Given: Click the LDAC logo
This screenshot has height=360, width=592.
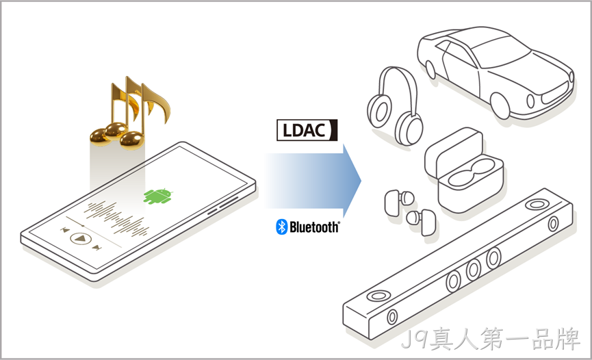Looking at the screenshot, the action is click(307, 130).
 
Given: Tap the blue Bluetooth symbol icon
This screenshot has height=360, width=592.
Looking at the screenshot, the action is click(282, 227).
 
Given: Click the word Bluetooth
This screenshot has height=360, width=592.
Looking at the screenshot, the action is click(315, 227).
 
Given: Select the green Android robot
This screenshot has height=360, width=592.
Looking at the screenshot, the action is click(158, 196).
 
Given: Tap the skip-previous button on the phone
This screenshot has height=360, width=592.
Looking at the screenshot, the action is click(65, 230).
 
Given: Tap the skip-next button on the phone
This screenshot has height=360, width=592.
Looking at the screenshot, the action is click(97, 248).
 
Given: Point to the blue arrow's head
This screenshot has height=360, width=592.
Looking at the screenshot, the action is click(352, 181).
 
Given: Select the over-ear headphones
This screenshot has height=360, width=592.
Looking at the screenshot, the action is click(394, 107).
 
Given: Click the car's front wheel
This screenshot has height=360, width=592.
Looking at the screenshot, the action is click(500, 105).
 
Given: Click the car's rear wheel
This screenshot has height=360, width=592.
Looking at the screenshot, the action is click(430, 69).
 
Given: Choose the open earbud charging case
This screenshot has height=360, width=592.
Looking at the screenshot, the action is click(464, 169).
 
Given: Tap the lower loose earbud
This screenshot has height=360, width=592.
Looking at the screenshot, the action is click(422, 221).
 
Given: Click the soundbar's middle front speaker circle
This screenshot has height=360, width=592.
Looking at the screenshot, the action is click(473, 270).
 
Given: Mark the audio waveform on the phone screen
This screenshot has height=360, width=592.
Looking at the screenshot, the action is click(116, 218).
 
